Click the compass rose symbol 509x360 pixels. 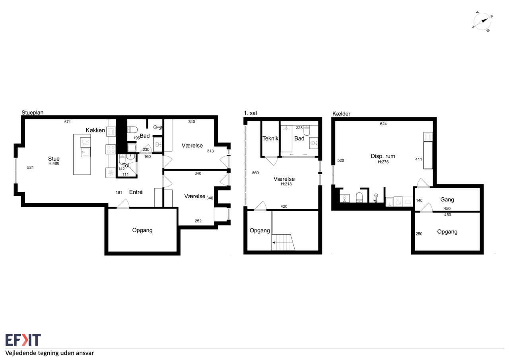pyautogui.click(x=482, y=21)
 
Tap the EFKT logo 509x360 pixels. pyautogui.click(x=23, y=340)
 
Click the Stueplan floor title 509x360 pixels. pyautogui.click(x=33, y=113)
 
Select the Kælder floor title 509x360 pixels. pyautogui.click(x=341, y=114)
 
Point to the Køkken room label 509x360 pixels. pyautogui.click(x=95, y=130)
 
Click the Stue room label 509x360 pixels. pyautogui.click(x=54, y=159)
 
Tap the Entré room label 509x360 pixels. pyautogui.click(x=136, y=192)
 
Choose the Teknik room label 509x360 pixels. pyautogui.click(x=270, y=138)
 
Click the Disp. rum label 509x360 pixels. pyautogui.click(x=383, y=156)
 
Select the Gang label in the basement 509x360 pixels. pyautogui.click(x=447, y=200)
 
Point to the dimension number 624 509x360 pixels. pyautogui.click(x=383, y=124)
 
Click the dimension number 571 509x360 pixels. pyautogui.click(x=68, y=122)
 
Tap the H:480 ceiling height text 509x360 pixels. pyautogui.click(x=54, y=163)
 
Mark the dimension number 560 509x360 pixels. pyautogui.click(x=255, y=173)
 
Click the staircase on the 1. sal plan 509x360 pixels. pyautogui.click(x=284, y=242)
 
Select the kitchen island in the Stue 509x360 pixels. pyautogui.click(x=82, y=154)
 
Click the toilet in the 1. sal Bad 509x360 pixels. pyautogui.click(x=307, y=130)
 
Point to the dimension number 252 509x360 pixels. pyautogui.click(x=198, y=221)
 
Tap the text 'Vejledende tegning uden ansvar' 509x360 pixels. pyautogui.click(x=50, y=353)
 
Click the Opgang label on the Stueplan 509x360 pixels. pyautogui.click(x=142, y=230)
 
